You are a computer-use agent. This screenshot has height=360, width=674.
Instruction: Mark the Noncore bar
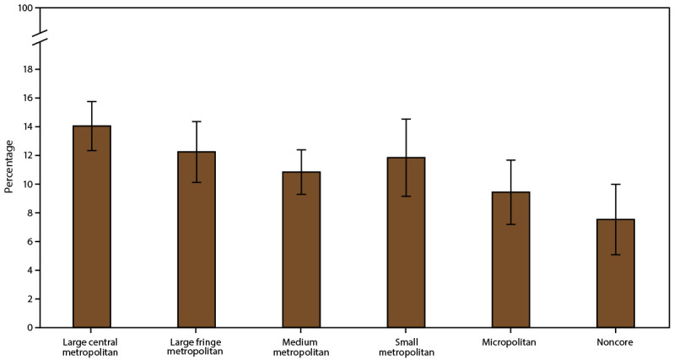[615, 273]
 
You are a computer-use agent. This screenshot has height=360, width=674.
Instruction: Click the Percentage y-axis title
[9, 169]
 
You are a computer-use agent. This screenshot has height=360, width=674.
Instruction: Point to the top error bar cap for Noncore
[615, 184]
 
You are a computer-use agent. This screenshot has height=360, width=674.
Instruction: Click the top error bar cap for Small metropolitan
[406, 119]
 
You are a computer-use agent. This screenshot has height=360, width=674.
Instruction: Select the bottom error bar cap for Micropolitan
[510, 224]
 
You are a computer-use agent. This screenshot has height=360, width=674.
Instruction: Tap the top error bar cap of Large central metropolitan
[92, 101]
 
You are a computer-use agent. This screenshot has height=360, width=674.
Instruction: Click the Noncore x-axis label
[615, 342]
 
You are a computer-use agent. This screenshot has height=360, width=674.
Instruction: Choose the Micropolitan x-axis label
[510, 342]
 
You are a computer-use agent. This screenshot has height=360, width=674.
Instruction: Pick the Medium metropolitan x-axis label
[301, 347]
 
